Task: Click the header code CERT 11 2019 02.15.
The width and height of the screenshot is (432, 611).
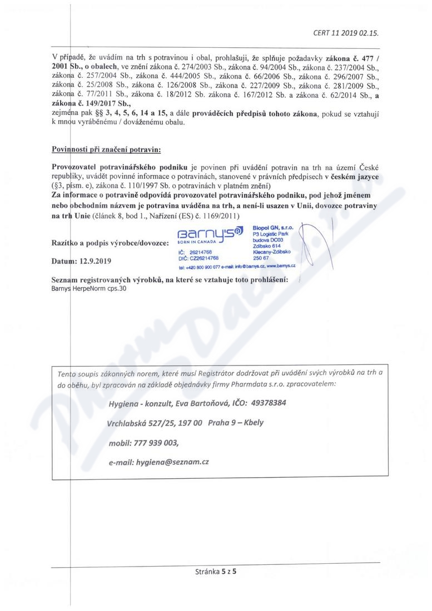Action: [x=346, y=33]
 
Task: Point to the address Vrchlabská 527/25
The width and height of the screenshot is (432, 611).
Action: [x=147, y=423]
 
